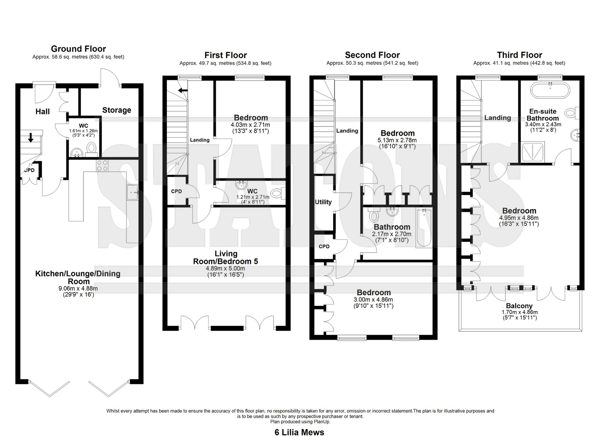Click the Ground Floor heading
click(x=78, y=49)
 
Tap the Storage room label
click(x=117, y=110)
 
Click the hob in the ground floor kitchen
click(x=103, y=166)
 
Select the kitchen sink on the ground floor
click(x=133, y=192)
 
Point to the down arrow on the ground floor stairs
click(x=31, y=137)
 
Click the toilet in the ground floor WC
click(x=92, y=149)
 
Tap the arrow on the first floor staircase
click(x=183, y=90)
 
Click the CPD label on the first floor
click(x=176, y=191)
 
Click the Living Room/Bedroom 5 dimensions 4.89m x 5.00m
click(x=226, y=269)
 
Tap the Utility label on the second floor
click(x=323, y=202)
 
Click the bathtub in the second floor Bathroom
click(x=424, y=228)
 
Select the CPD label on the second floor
click(x=324, y=247)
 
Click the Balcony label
click(x=519, y=306)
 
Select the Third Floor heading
click(x=520, y=55)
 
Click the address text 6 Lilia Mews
click(x=299, y=432)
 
